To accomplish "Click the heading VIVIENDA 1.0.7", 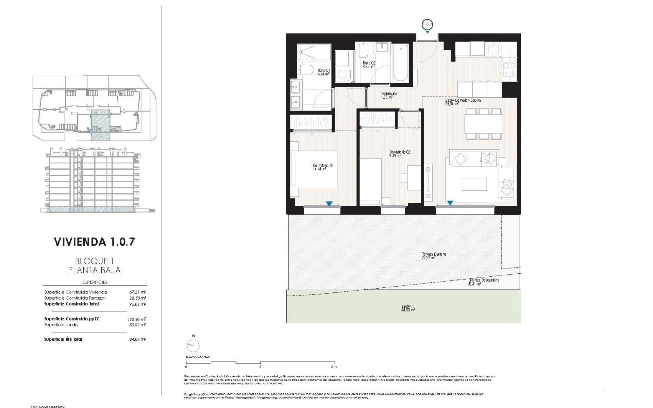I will coord(95,242).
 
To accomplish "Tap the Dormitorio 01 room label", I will coord(323,167).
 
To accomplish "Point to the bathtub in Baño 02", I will coord(400,63).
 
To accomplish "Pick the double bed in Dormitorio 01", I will coord(315,169).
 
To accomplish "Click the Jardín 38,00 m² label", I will coord(408,308).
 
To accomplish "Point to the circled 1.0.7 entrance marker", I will coord(427,24).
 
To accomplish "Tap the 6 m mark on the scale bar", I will coord(334,367).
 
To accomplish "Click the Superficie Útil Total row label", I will coord(63,339).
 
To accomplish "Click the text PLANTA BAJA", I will coord(95,271).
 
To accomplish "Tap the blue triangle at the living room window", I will coord(450,203).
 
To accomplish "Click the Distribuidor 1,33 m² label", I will coord(390,95).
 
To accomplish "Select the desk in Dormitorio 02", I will coord(414,177).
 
